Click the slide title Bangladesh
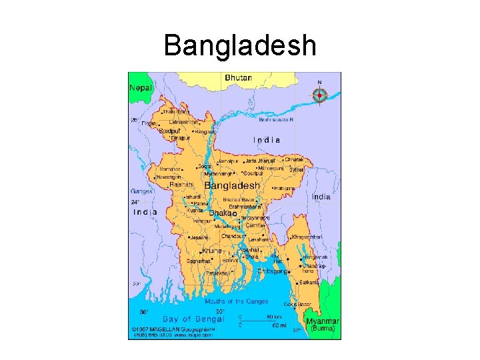click(240, 46)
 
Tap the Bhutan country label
click(239, 78)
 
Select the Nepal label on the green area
click(141, 87)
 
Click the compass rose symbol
click(319, 95)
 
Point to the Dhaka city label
click(221, 213)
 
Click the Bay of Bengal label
click(176, 319)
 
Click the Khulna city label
click(212, 251)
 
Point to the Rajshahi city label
click(181, 184)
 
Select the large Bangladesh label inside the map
click(232, 185)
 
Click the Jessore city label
click(199, 237)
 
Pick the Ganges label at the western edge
click(141, 191)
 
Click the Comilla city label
click(255, 226)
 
